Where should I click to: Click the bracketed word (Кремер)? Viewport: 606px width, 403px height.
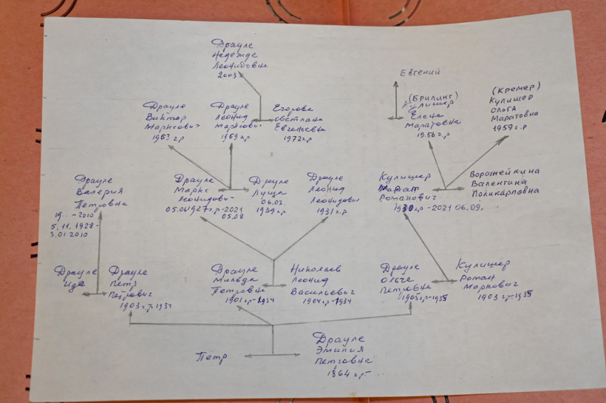[x=515, y=87]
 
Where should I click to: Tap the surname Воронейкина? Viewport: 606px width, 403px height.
[x=504, y=172]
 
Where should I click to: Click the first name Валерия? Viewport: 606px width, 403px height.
[x=95, y=189]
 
